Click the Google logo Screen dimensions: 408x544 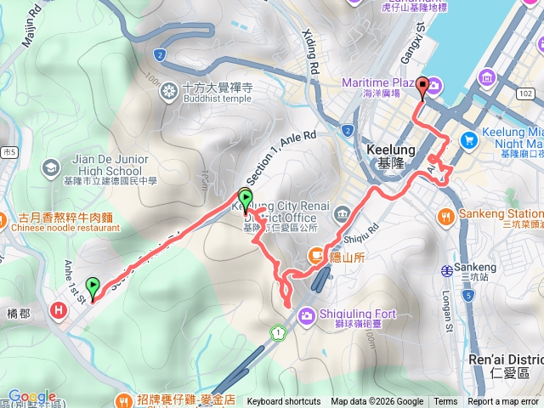click(x=31, y=396)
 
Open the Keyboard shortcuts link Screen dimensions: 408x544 click(x=284, y=402)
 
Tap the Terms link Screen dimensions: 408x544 click(x=445, y=402)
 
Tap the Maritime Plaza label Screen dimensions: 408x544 click(x=377, y=82)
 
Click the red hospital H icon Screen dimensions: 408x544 click(x=58, y=309)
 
